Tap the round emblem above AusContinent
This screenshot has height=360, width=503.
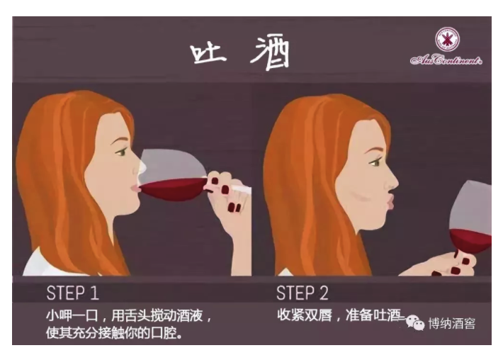[447, 40]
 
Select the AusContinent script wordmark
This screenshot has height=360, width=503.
[446, 60]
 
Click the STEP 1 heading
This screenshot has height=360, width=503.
[72, 293]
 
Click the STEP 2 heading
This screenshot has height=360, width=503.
[303, 293]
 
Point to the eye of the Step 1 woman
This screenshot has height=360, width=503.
[122, 152]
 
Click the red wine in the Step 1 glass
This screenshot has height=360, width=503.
[174, 189]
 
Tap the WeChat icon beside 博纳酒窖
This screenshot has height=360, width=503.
[415, 322]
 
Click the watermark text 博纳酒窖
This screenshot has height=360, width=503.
[452, 323]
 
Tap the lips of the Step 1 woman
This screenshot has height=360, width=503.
[136, 189]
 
